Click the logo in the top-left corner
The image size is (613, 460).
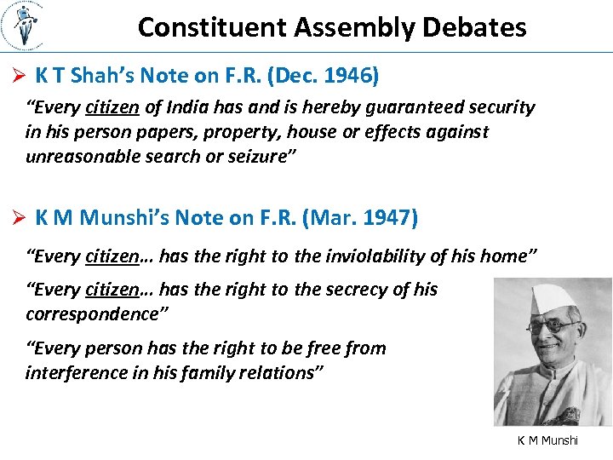[25, 26]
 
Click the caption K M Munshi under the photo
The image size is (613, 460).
[547, 440]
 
